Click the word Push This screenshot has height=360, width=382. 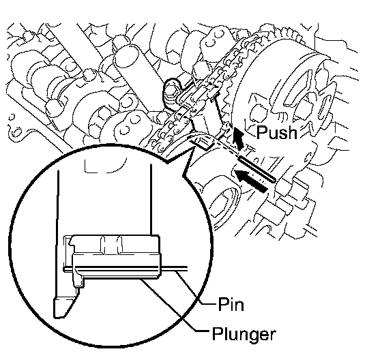pos(277,132)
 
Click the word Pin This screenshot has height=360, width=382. pos(231,304)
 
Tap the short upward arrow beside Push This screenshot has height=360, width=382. pos(239,138)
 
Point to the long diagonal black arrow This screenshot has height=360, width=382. pos(251,181)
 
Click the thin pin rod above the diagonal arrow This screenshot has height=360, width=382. pos(257,169)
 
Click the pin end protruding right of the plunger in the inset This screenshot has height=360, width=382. pos(174,268)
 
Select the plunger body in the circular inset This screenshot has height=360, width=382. pos(117,265)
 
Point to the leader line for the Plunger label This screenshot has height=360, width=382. pos(175,305)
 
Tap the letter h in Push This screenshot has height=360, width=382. pos(293,132)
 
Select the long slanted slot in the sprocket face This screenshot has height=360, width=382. pos(297,89)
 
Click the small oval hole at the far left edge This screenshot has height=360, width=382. pos(16,133)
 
